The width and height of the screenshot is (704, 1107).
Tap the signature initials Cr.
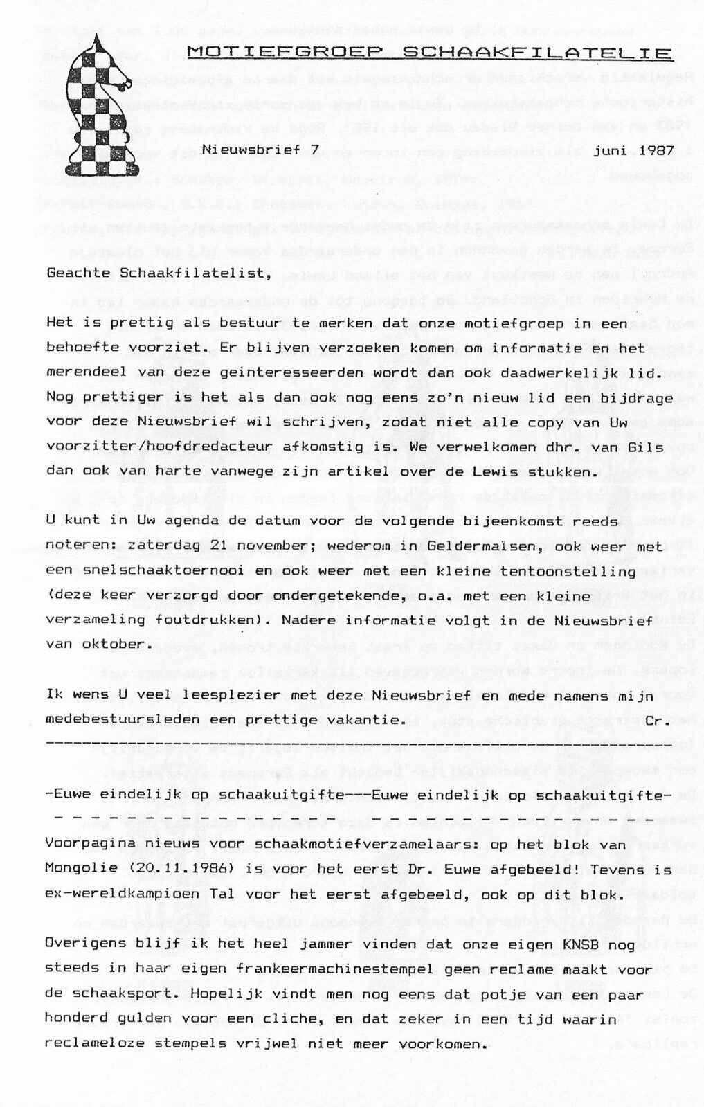click(x=655, y=720)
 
